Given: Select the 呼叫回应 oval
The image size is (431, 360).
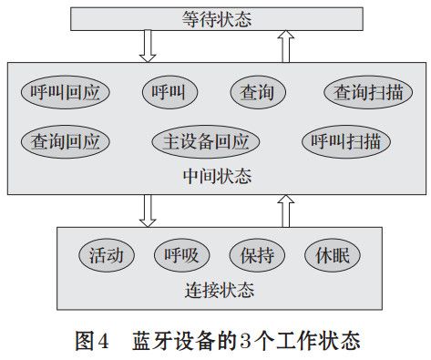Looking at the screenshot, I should coord(66,91).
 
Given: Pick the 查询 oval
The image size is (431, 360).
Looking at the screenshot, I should coord(258,91).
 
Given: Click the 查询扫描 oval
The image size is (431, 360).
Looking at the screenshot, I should coord(368,91).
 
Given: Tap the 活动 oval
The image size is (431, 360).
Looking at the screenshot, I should coord(107,253).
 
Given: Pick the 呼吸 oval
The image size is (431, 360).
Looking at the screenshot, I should coord(182,253).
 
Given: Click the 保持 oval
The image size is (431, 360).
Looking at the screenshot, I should coord(258,253).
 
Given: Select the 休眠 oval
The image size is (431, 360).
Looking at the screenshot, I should coord(333,253).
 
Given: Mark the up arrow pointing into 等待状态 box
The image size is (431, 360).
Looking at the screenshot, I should coord(285,45).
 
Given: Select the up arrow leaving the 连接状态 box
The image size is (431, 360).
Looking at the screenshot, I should coord(285,209).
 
